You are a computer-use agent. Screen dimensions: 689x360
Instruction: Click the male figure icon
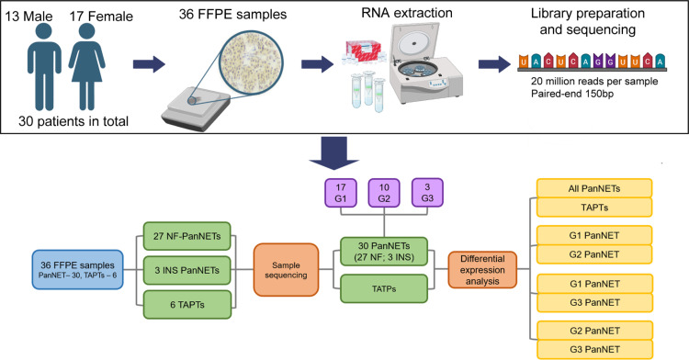(x=44, y=66)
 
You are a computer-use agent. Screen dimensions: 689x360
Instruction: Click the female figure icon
(x=86, y=66)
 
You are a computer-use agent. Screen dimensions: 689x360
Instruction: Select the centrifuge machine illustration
(x=425, y=63)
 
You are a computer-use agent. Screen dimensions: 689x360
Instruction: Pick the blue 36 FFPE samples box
(x=77, y=270)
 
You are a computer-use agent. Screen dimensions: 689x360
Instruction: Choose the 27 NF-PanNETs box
(x=186, y=236)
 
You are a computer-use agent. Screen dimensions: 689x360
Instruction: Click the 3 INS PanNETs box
(x=186, y=270)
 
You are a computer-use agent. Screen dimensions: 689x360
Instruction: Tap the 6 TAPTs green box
(x=186, y=304)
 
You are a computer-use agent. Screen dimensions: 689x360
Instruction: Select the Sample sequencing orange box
(x=286, y=270)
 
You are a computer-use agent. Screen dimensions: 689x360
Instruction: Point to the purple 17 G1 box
(x=341, y=192)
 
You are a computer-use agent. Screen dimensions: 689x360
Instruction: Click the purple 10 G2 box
(x=384, y=192)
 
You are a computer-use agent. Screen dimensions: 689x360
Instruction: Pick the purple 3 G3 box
(x=427, y=192)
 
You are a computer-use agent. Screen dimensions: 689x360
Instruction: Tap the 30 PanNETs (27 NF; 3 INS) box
(x=384, y=252)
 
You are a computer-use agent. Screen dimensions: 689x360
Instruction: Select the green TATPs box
(x=384, y=288)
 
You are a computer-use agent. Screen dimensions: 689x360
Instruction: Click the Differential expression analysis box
(x=482, y=270)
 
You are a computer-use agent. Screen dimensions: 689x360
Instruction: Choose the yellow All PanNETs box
(x=594, y=188)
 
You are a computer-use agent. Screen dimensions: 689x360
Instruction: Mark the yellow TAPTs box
(x=594, y=208)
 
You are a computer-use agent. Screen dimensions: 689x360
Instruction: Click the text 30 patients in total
(x=73, y=121)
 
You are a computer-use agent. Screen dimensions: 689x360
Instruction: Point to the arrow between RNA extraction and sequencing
(x=495, y=64)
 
